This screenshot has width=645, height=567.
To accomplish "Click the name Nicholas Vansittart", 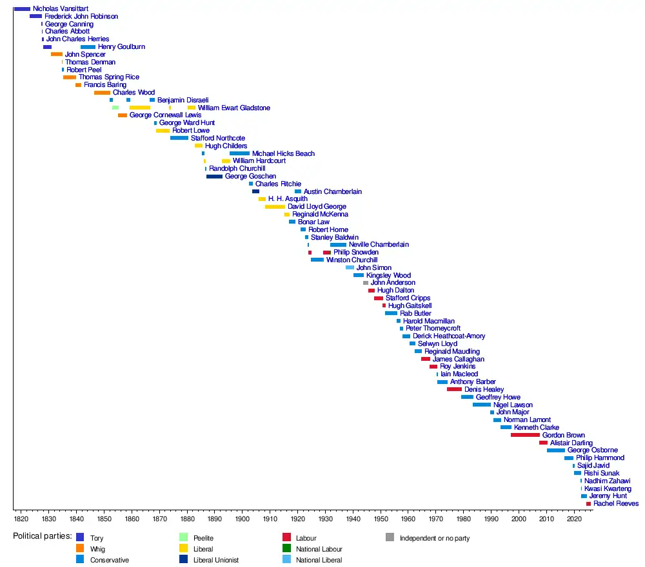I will coord(61,8).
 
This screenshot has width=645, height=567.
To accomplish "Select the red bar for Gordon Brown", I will coord(525,435).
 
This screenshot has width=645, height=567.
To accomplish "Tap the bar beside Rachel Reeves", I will coord(588,504).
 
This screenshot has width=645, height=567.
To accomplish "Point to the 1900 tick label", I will coord(243,518).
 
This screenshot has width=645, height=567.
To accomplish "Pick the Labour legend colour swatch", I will coord(286,537).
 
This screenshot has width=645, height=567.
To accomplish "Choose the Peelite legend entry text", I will coord(203,537).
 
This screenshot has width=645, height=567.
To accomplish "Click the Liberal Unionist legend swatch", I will coord(183,560).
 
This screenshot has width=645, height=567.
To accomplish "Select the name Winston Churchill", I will coord(352,260).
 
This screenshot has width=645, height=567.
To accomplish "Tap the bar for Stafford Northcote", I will coord(179,138).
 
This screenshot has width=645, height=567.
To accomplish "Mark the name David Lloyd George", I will coord(317,207).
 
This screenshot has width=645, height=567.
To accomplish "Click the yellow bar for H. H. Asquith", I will coord(262,199).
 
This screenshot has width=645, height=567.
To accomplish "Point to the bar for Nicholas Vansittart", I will coord(22,8).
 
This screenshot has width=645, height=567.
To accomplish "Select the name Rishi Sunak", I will coord(601,473).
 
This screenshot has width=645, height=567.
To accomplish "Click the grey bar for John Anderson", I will coord(365,283).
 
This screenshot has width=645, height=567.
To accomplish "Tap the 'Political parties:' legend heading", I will coord(43,536).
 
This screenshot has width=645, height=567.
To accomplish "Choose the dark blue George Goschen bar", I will coord(214,177).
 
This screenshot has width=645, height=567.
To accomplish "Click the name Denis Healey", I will coord(484,389).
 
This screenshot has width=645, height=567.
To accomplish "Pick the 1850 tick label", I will coord(104,518).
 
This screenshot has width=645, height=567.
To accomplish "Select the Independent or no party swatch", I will coord(390,537).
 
